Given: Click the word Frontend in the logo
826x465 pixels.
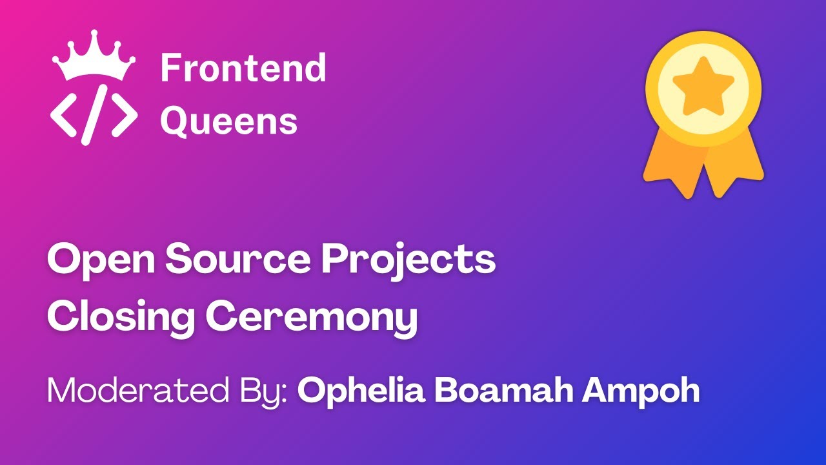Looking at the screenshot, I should (243, 68).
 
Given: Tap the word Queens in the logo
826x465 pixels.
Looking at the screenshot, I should (228, 121).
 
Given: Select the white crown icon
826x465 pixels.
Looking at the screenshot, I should (94, 59).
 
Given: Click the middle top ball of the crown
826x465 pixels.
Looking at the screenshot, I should (94, 34).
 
